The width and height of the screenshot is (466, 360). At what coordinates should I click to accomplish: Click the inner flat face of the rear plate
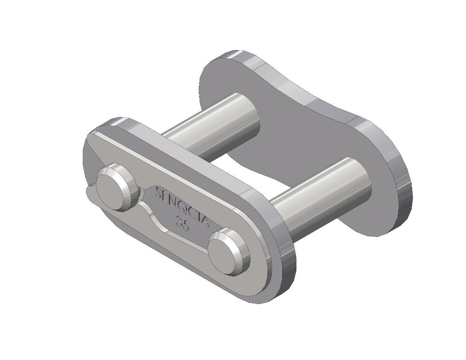tap(291, 137)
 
